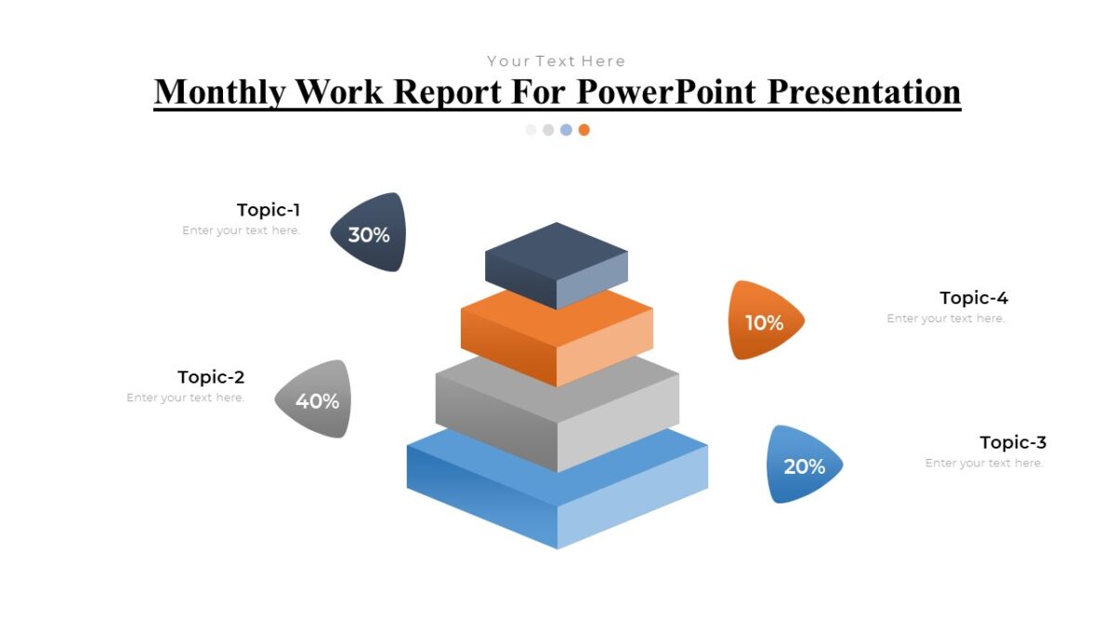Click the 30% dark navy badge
point(369,233)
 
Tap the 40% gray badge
point(316,399)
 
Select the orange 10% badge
point(764,321)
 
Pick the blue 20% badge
point(803,464)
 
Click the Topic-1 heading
point(269,210)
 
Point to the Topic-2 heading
point(211,377)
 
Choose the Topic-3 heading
point(1013,442)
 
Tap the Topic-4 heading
point(974,298)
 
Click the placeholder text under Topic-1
point(242,230)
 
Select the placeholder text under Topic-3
point(984,463)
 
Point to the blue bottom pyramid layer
point(557,492)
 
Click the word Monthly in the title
point(219,92)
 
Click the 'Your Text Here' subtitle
point(557,61)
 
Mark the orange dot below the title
point(584,130)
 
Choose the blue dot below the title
point(566,130)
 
